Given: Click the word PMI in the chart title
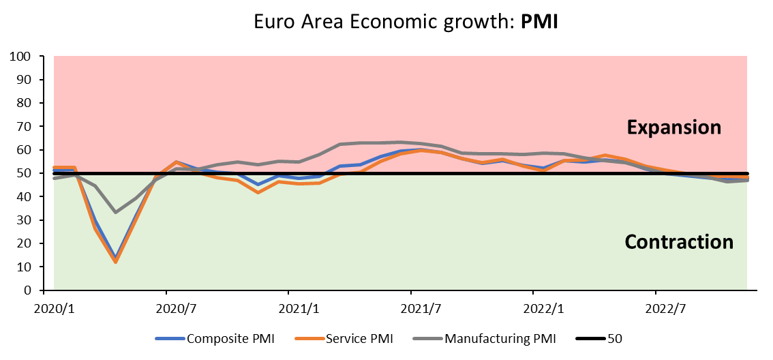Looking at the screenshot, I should [x=540, y=21].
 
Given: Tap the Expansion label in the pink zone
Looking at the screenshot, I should [x=674, y=127].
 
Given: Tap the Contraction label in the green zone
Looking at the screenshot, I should [x=679, y=242].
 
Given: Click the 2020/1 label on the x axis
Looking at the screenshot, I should [x=54, y=308].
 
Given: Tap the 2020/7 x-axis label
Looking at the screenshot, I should [x=176, y=308].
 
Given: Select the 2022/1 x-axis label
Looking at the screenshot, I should [x=543, y=308].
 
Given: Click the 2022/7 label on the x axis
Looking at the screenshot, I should [x=665, y=308].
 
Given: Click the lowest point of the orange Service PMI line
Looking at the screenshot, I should [x=115, y=262].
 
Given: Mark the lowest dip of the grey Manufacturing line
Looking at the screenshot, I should [x=115, y=212].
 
